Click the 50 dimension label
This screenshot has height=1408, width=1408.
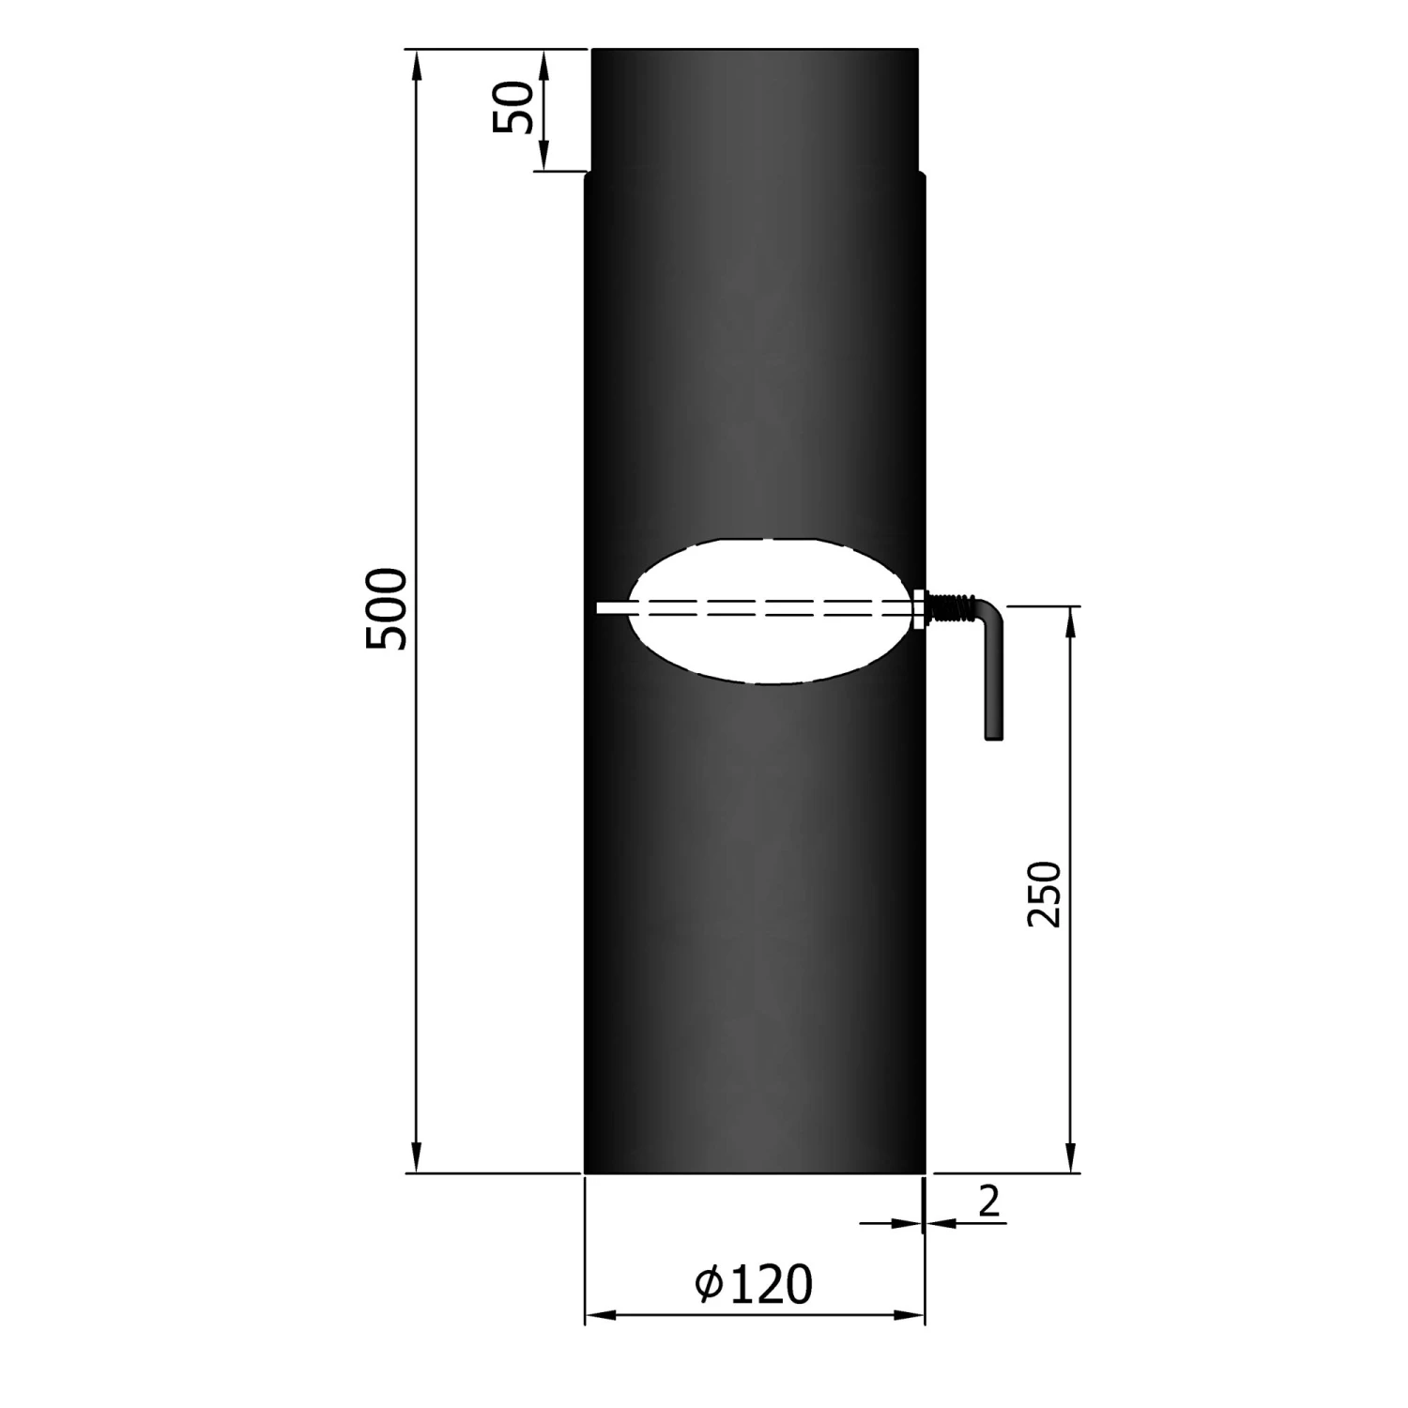pyautogui.click(x=513, y=108)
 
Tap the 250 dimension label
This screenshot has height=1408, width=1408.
pyautogui.click(x=1044, y=894)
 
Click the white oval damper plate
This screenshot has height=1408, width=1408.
pyautogui.click(x=770, y=648)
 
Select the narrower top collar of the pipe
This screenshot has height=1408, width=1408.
pyautogui.click(x=755, y=108)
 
